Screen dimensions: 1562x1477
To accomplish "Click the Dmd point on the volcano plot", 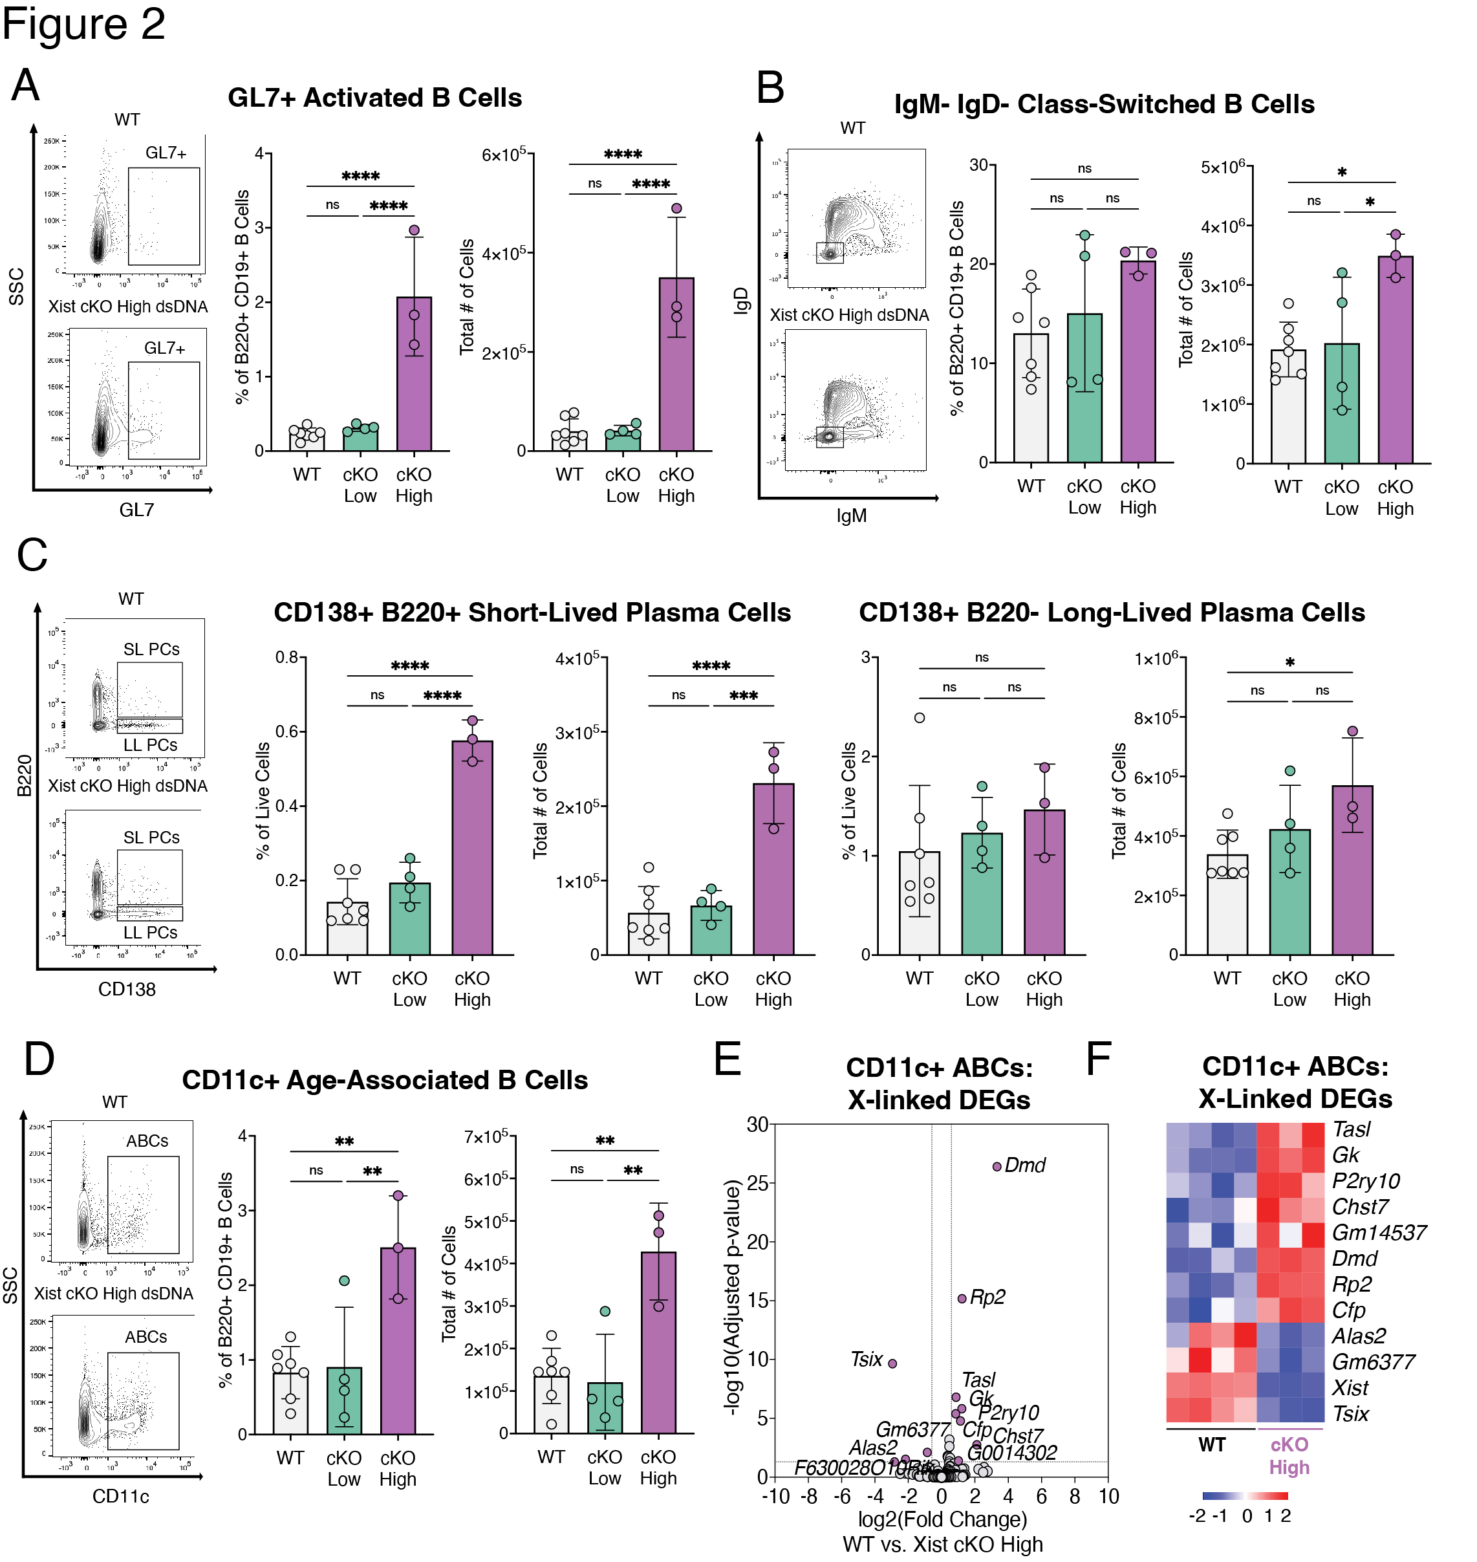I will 997,1166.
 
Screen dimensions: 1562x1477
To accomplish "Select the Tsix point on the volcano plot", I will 892,1363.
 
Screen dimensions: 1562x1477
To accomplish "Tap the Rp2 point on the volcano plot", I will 962,1298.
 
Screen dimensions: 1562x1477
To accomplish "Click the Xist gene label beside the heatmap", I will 1350,1387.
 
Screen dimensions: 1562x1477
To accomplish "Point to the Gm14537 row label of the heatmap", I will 1379,1232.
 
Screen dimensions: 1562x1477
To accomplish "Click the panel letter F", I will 1098,1059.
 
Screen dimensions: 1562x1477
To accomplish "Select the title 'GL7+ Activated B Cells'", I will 375,98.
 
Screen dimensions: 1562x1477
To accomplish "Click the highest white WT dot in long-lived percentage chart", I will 920,717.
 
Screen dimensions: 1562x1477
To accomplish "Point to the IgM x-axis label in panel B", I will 851,515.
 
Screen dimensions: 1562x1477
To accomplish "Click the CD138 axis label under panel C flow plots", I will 127,989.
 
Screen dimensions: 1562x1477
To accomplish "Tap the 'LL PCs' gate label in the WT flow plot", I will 151,745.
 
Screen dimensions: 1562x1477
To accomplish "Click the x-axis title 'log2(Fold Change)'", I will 942,1519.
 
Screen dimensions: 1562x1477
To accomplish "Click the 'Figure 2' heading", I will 83,24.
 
